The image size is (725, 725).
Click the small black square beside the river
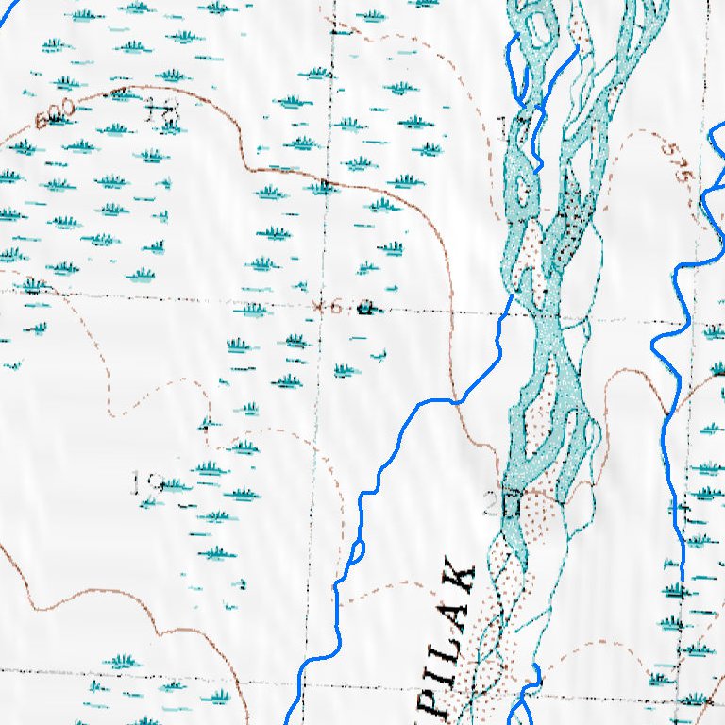coord(511,508)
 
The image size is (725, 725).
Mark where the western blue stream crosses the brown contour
coord(459,400)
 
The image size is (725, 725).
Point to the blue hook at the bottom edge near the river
coord(534,675)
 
